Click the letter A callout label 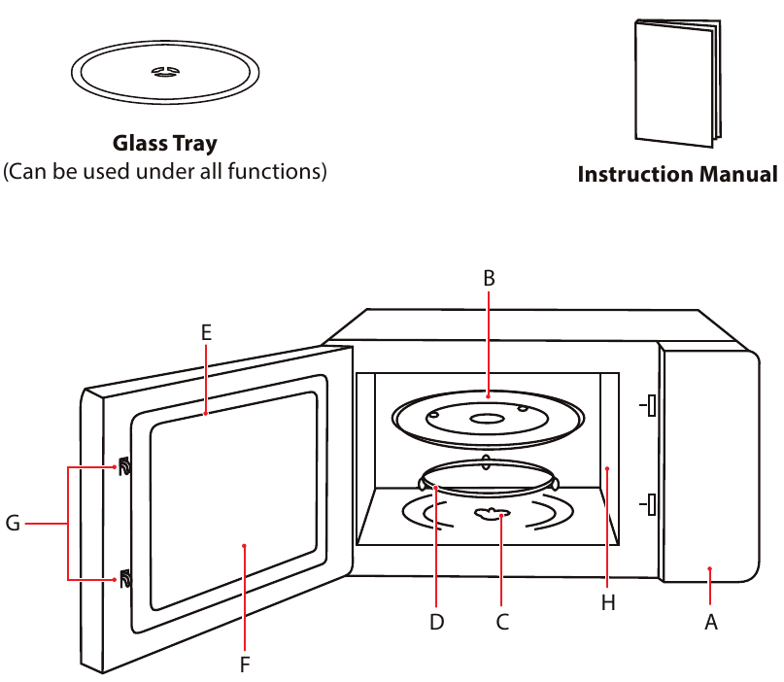pos(710,623)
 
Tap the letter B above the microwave pos(489,278)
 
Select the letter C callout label pos(502,623)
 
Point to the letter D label pos(436,623)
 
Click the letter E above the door pos(206,332)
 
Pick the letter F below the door pos(245,665)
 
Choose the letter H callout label pos(608,603)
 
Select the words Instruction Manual pos(677,175)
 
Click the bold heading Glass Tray pos(165,144)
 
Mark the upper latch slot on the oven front pos(651,404)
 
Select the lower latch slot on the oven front pos(651,505)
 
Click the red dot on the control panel pos(710,569)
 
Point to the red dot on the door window pos(245,546)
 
